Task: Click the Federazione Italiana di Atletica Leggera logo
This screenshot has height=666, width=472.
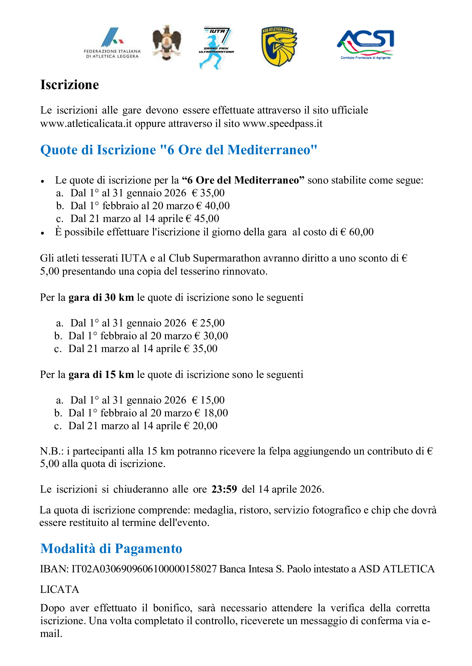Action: click(112, 43)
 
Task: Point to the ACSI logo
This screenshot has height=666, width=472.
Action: click(366, 44)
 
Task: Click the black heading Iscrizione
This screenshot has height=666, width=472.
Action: click(70, 85)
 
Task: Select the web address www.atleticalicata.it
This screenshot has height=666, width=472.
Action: click(86, 124)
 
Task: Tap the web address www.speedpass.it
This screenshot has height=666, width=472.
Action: click(282, 124)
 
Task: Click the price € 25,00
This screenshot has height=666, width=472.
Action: click(208, 323)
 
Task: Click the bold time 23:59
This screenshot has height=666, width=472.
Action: click(224, 489)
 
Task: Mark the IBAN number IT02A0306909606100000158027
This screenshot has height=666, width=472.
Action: click(144, 569)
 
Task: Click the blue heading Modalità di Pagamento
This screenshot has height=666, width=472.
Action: click(111, 548)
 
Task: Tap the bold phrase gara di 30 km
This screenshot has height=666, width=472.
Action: click(101, 297)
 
